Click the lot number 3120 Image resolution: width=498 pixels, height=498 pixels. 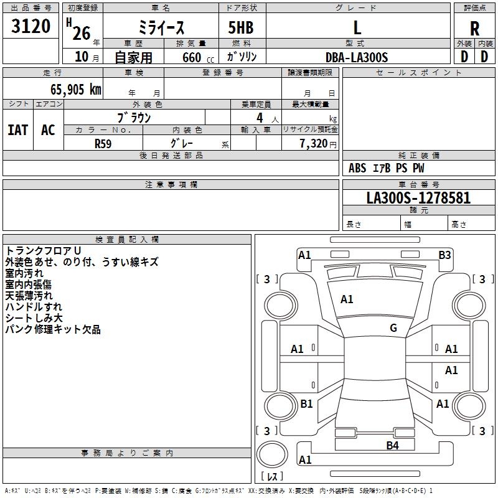(x=31, y=26)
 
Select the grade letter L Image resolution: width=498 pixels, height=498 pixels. (x=357, y=27)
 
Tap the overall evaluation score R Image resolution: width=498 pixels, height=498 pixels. (x=474, y=29)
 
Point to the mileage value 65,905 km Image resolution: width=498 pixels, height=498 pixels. (x=76, y=89)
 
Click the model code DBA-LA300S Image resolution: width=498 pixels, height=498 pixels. (x=357, y=57)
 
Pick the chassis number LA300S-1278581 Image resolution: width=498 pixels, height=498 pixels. (x=418, y=198)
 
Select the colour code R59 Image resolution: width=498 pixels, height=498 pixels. (x=103, y=144)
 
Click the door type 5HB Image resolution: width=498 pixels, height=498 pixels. (x=241, y=27)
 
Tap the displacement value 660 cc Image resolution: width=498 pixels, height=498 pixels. (x=198, y=57)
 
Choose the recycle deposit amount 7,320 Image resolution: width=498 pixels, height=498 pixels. (x=314, y=143)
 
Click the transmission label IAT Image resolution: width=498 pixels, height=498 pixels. (x=18, y=130)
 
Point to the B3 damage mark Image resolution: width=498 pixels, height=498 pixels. (x=444, y=255)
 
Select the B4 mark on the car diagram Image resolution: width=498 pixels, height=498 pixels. (x=392, y=446)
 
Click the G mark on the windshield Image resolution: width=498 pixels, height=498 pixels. (x=393, y=328)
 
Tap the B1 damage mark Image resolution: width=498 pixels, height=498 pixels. (x=306, y=403)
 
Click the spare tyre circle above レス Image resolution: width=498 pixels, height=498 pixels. (x=272, y=454)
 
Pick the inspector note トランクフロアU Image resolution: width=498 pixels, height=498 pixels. (x=43, y=251)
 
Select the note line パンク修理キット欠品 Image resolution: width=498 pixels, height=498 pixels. (x=53, y=329)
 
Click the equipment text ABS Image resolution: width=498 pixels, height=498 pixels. (x=357, y=168)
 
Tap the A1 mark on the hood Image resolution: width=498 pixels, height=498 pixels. (x=347, y=299)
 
